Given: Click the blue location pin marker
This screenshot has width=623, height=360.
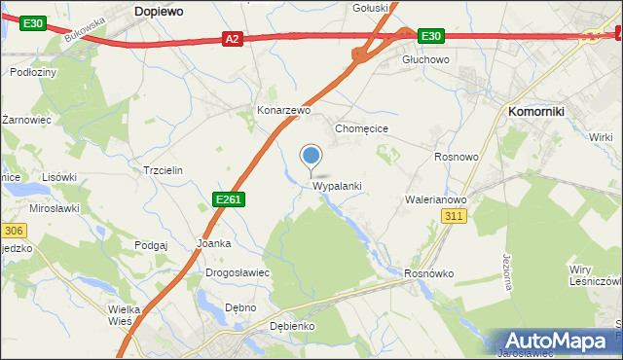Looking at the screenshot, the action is click(x=311, y=156).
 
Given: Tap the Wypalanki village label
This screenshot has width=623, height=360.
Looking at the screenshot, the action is click(x=338, y=186).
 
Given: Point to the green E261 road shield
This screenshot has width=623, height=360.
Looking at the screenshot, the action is click(x=228, y=199).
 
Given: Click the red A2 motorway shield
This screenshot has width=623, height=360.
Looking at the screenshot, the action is click(x=231, y=39).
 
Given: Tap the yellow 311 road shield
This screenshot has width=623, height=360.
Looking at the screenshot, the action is click(x=453, y=217).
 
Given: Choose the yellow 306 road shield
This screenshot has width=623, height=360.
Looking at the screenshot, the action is click(x=12, y=231).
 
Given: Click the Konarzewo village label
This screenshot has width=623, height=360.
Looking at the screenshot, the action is click(x=283, y=111).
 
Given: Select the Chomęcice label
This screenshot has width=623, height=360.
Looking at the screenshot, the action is click(x=362, y=128).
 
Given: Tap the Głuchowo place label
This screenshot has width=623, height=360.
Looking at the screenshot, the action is click(x=426, y=59).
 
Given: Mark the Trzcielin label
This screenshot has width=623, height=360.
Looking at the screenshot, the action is click(x=163, y=169).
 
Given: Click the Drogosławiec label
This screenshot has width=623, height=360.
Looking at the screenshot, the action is click(x=238, y=273).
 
